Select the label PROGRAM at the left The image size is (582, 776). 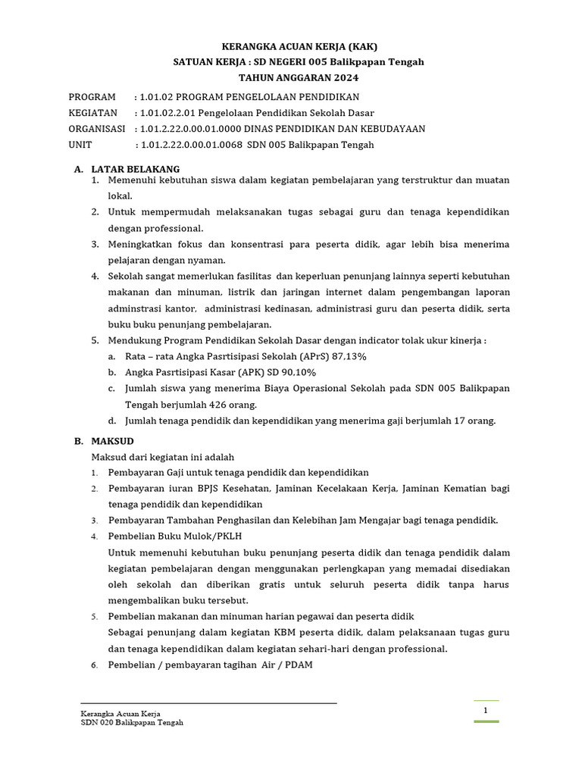tap(92, 96)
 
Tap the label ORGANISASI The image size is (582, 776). tap(97, 129)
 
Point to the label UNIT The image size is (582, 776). tap(80, 145)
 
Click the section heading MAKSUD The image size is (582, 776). tap(113, 440)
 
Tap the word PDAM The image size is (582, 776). tap(299, 665)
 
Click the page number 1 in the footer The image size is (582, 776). tap(486, 710)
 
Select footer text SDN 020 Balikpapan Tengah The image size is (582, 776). tap(132, 723)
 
